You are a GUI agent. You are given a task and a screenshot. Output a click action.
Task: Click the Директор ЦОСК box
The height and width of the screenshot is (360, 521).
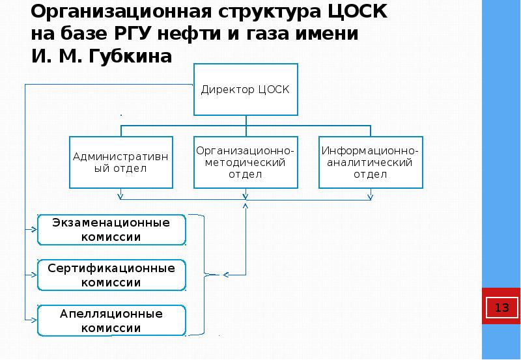[x=246, y=89]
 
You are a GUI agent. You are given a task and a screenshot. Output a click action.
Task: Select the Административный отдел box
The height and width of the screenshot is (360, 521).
[x=121, y=162]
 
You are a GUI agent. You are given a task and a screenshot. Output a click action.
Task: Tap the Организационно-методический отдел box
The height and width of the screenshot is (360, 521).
[x=246, y=162]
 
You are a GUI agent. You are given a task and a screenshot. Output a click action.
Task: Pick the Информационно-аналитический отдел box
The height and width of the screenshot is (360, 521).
[x=371, y=162]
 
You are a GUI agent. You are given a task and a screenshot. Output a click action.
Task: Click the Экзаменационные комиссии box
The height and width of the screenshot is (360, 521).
[x=111, y=230]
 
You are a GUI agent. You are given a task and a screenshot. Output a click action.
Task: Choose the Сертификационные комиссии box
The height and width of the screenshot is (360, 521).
[x=111, y=275]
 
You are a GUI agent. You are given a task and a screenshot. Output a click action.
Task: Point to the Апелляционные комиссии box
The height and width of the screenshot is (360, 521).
[x=111, y=320]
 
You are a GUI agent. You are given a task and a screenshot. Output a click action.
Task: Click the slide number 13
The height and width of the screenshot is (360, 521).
[x=501, y=307]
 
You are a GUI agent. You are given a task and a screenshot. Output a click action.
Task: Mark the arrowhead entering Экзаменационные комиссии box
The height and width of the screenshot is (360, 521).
[x=33, y=230]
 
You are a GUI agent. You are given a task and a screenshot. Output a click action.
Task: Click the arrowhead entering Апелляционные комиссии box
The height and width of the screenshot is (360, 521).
[x=33, y=320]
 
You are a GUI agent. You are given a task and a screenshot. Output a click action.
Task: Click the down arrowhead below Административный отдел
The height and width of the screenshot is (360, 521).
[x=120, y=195]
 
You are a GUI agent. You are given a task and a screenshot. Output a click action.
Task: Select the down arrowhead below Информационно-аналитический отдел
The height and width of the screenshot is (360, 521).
[x=371, y=195]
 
